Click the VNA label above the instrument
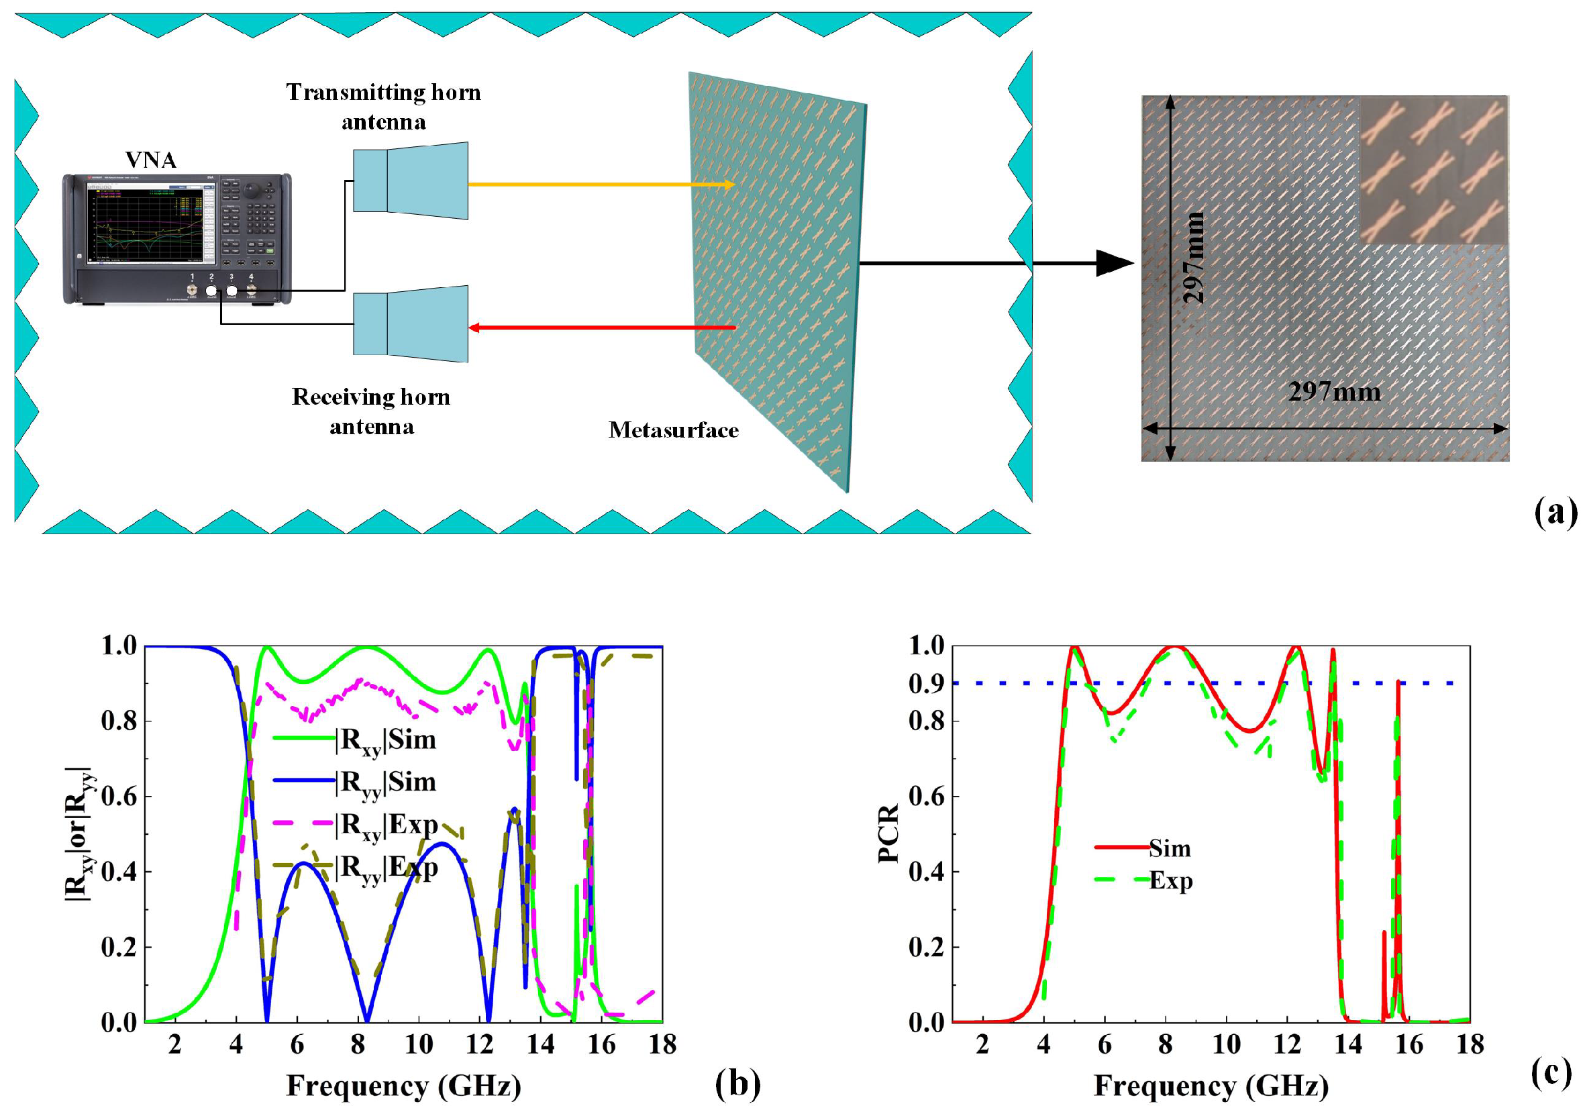coord(151,160)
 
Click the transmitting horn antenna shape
coord(411,181)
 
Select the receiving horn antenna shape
coord(411,324)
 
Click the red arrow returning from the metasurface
coord(601,327)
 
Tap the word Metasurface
coord(673,430)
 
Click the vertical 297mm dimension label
coord(1194,257)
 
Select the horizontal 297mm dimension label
coord(1334,392)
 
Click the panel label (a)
coord(1555,513)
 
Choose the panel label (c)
coord(1551,1073)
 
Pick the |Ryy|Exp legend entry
coord(387,868)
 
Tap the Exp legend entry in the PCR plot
coord(1170,881)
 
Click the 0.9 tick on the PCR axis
coord(926,684)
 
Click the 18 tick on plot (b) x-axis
coord(662,1044)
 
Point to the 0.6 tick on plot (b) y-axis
coord(119,796)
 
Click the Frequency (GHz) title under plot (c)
coord(1211,1086)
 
